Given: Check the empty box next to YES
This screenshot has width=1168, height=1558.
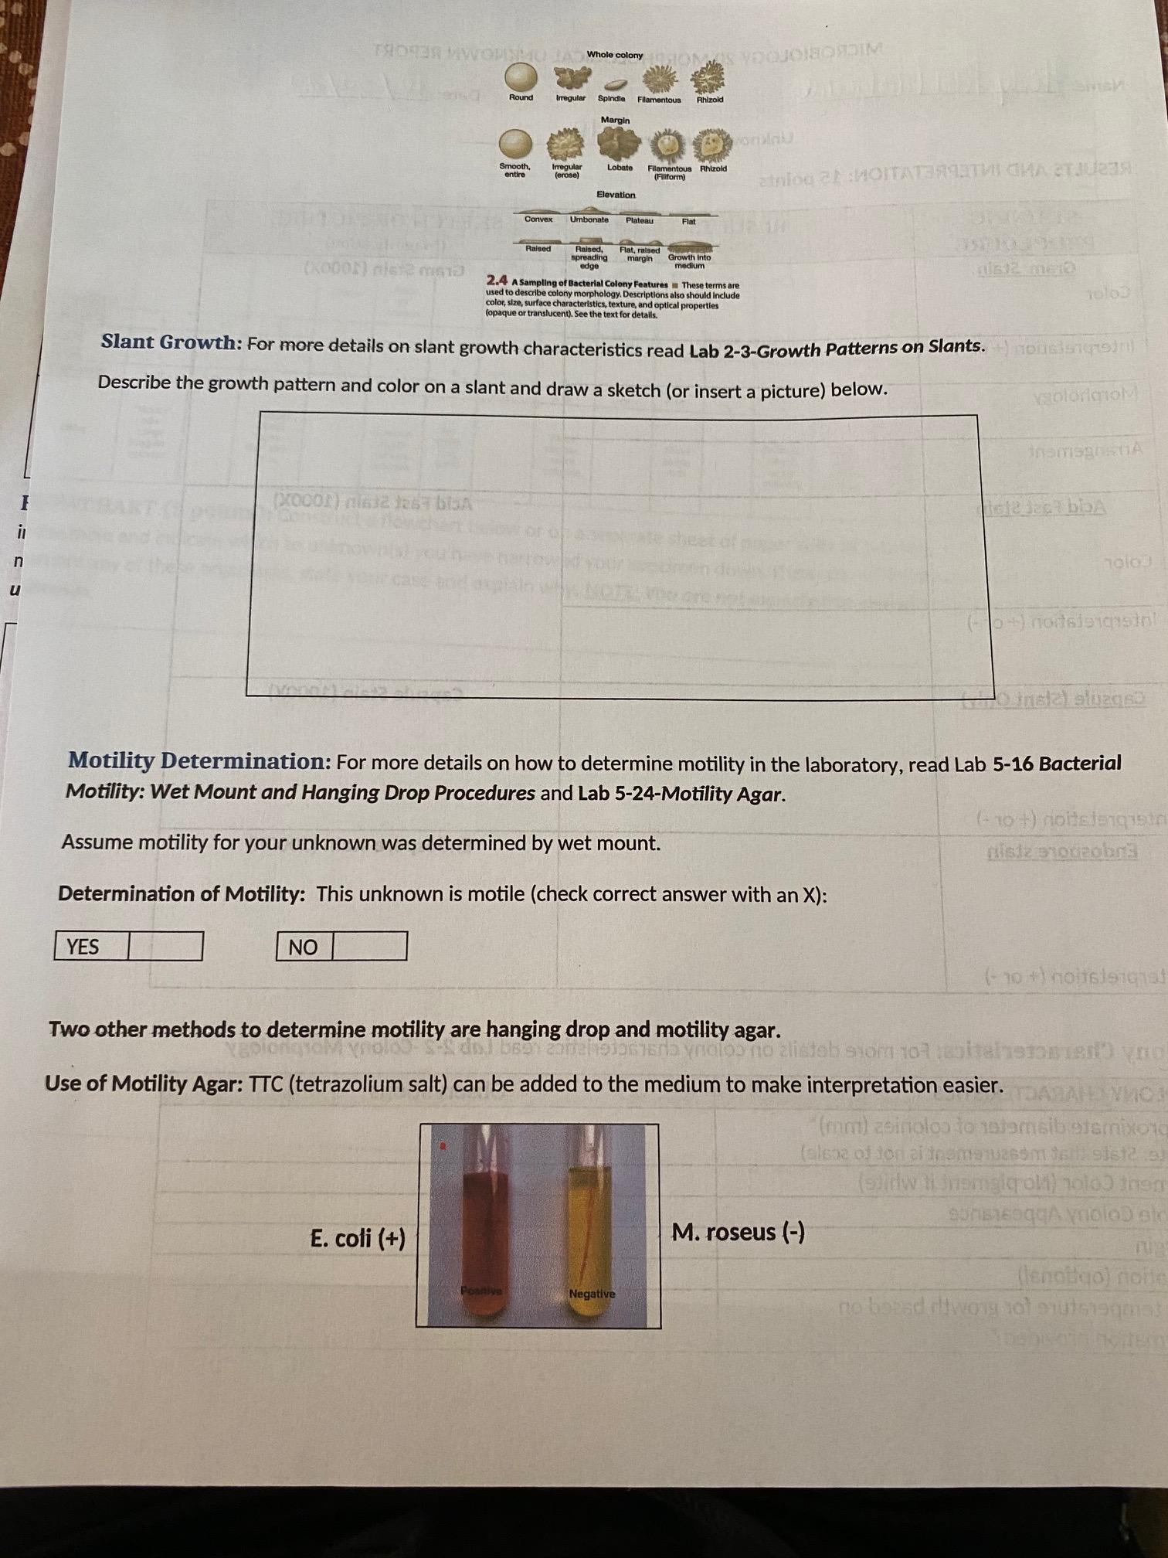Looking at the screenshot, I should [165, 946].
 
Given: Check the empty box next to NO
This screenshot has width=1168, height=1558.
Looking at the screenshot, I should [369, 946].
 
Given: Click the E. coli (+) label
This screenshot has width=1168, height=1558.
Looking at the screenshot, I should [358, 1239].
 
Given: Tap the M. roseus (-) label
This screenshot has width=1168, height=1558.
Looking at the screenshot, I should [738, 1232].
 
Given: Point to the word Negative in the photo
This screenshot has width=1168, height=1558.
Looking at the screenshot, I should [592, 1294].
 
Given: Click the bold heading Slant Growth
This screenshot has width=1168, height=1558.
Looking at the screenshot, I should [171, 342].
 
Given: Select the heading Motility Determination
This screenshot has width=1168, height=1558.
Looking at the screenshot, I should [199, 761].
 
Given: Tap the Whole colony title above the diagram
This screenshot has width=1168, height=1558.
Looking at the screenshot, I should [615, 55].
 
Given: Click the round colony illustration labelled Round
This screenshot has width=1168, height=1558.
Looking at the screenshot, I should [520, 77].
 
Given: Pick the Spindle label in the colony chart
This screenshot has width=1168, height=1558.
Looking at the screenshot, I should [611, 98].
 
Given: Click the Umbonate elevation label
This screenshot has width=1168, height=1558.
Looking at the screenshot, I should [589, 219].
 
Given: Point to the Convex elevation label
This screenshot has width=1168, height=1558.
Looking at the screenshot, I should [538, 219].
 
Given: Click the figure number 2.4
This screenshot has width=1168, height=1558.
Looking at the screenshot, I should [497, 280].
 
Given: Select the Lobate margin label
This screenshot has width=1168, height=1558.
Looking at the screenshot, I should [620, 168].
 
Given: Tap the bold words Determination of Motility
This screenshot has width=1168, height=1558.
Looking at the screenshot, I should [182, 894].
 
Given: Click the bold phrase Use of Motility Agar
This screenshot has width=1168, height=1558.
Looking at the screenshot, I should [144, 1083].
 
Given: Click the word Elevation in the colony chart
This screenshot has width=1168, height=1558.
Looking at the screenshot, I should [616, 195].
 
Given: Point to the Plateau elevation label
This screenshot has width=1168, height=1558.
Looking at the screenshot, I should [640, 220].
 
